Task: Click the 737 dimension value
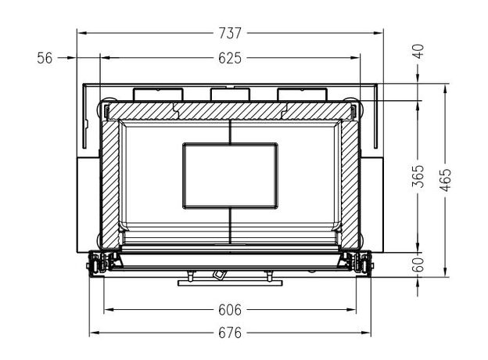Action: [x=230, y=33]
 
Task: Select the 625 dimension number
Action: [x=230, y=58]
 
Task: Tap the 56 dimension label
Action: [x=45, y=58]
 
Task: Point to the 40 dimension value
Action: [x=419, y=52]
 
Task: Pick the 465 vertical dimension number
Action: [x=445, y=180]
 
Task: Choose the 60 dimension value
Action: [x=419, y=265]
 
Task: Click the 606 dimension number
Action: [x=230, y=310]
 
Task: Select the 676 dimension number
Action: [x=230, y=333]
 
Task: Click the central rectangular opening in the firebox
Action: [x=230, y=176]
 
